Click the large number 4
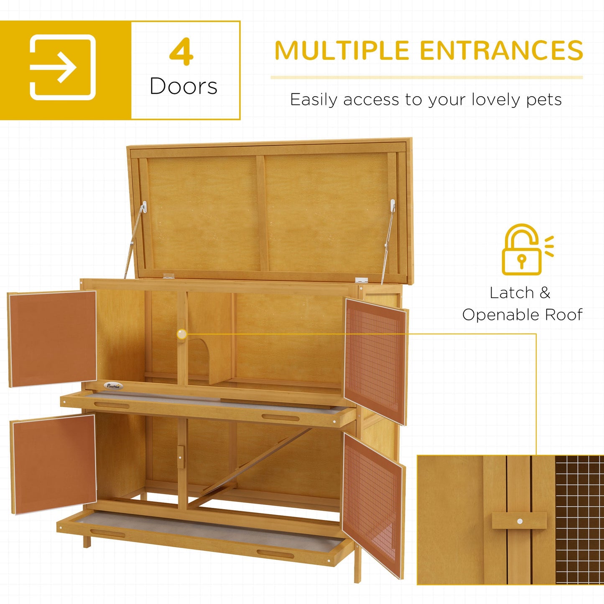[181, 52]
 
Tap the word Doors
[183, 87]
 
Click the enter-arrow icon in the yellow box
[63, 67]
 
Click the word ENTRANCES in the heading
[501, 51]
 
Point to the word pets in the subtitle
[544, 100]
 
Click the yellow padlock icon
[522, 251]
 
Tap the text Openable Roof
[522, 315]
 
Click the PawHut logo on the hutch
[113, 386]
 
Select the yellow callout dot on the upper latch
[182, 334]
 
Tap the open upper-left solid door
[53, 338]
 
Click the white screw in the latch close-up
[520, 521]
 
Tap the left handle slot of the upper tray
[111, 405]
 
